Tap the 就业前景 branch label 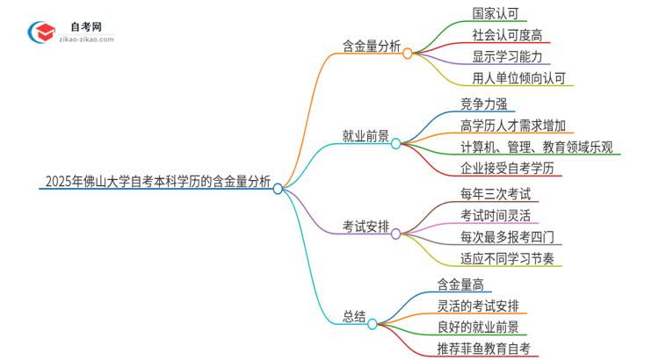[366, 135]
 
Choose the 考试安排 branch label [366, 227]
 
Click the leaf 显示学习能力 [496, 57]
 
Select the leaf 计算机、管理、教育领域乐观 [536, 147]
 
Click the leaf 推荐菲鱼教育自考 [483, 349]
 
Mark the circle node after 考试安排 [395, 234]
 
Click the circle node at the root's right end [278, 188]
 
